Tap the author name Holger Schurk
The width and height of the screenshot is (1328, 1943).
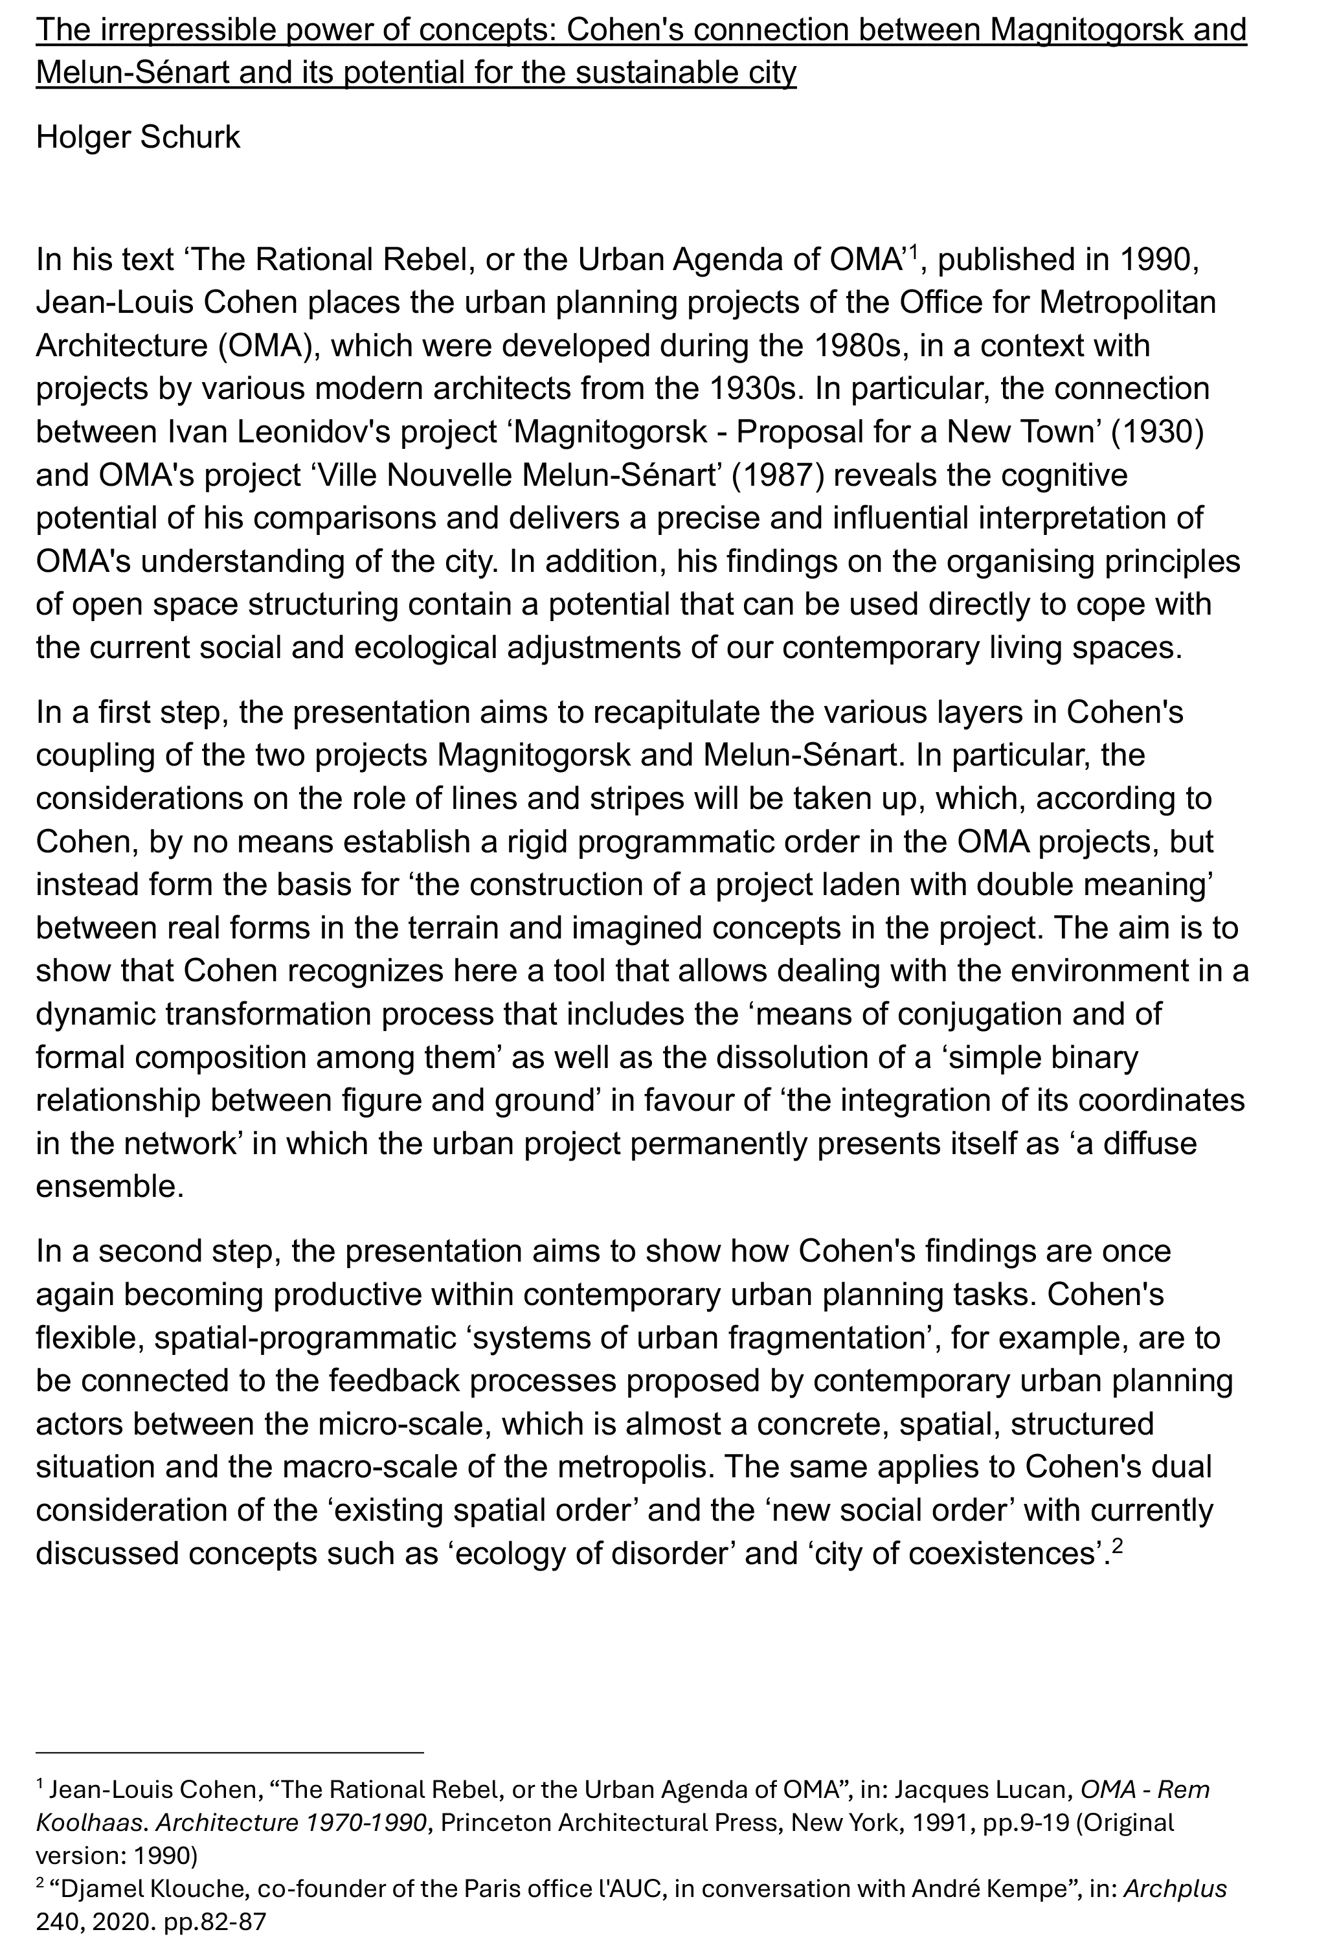[138, 137]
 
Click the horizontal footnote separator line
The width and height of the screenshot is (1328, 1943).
[230, 1751]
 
